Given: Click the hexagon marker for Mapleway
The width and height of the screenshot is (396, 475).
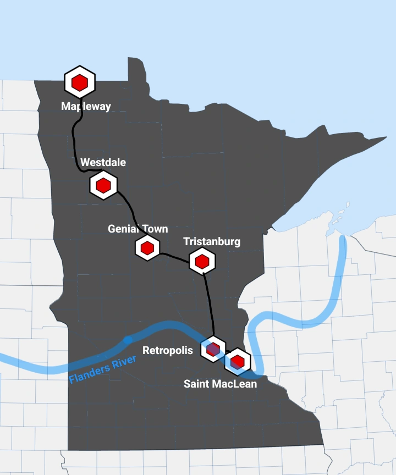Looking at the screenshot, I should pos(80,82).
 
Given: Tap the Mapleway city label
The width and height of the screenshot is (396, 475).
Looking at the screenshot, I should pos(86,107).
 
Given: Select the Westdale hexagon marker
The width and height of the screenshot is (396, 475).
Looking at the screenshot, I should pos(103,185).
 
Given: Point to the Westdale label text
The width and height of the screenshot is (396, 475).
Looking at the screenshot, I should pos(103,162).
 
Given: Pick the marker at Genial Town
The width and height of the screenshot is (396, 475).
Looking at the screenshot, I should pos(147,248).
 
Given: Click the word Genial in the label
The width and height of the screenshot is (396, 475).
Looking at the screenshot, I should pos(122,229).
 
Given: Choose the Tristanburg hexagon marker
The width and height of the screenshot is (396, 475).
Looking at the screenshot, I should pos(202,261).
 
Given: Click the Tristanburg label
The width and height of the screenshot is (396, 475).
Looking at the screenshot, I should pos(212,241).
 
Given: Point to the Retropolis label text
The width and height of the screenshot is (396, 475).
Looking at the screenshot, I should pos(168,350).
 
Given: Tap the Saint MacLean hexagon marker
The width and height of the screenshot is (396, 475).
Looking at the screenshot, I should pos(238,361).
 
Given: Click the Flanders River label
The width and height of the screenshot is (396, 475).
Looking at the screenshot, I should pos(103,370).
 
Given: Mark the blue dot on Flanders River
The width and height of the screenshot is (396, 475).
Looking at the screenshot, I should pos(128,340).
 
